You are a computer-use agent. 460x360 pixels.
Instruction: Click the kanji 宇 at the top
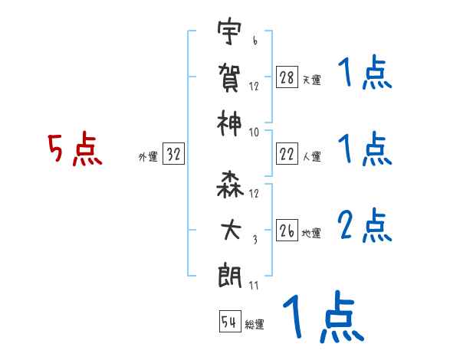click(x=228, y=34)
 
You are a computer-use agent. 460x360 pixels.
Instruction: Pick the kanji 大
click(x=228, y=230)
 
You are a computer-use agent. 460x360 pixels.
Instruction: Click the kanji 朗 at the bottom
click(x=228, y=273)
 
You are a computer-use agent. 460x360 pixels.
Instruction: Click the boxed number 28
click(x=287, y=77)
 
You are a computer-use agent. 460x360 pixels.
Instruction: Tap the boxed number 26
click(x=287, y=230)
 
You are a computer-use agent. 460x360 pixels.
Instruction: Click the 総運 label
click(x=254, y=324)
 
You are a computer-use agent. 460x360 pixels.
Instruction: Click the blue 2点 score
click(x=364, y=226)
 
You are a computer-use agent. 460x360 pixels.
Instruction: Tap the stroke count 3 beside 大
click(x=254, y=240)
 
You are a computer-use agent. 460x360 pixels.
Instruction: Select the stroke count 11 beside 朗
click(x=254, y=285)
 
